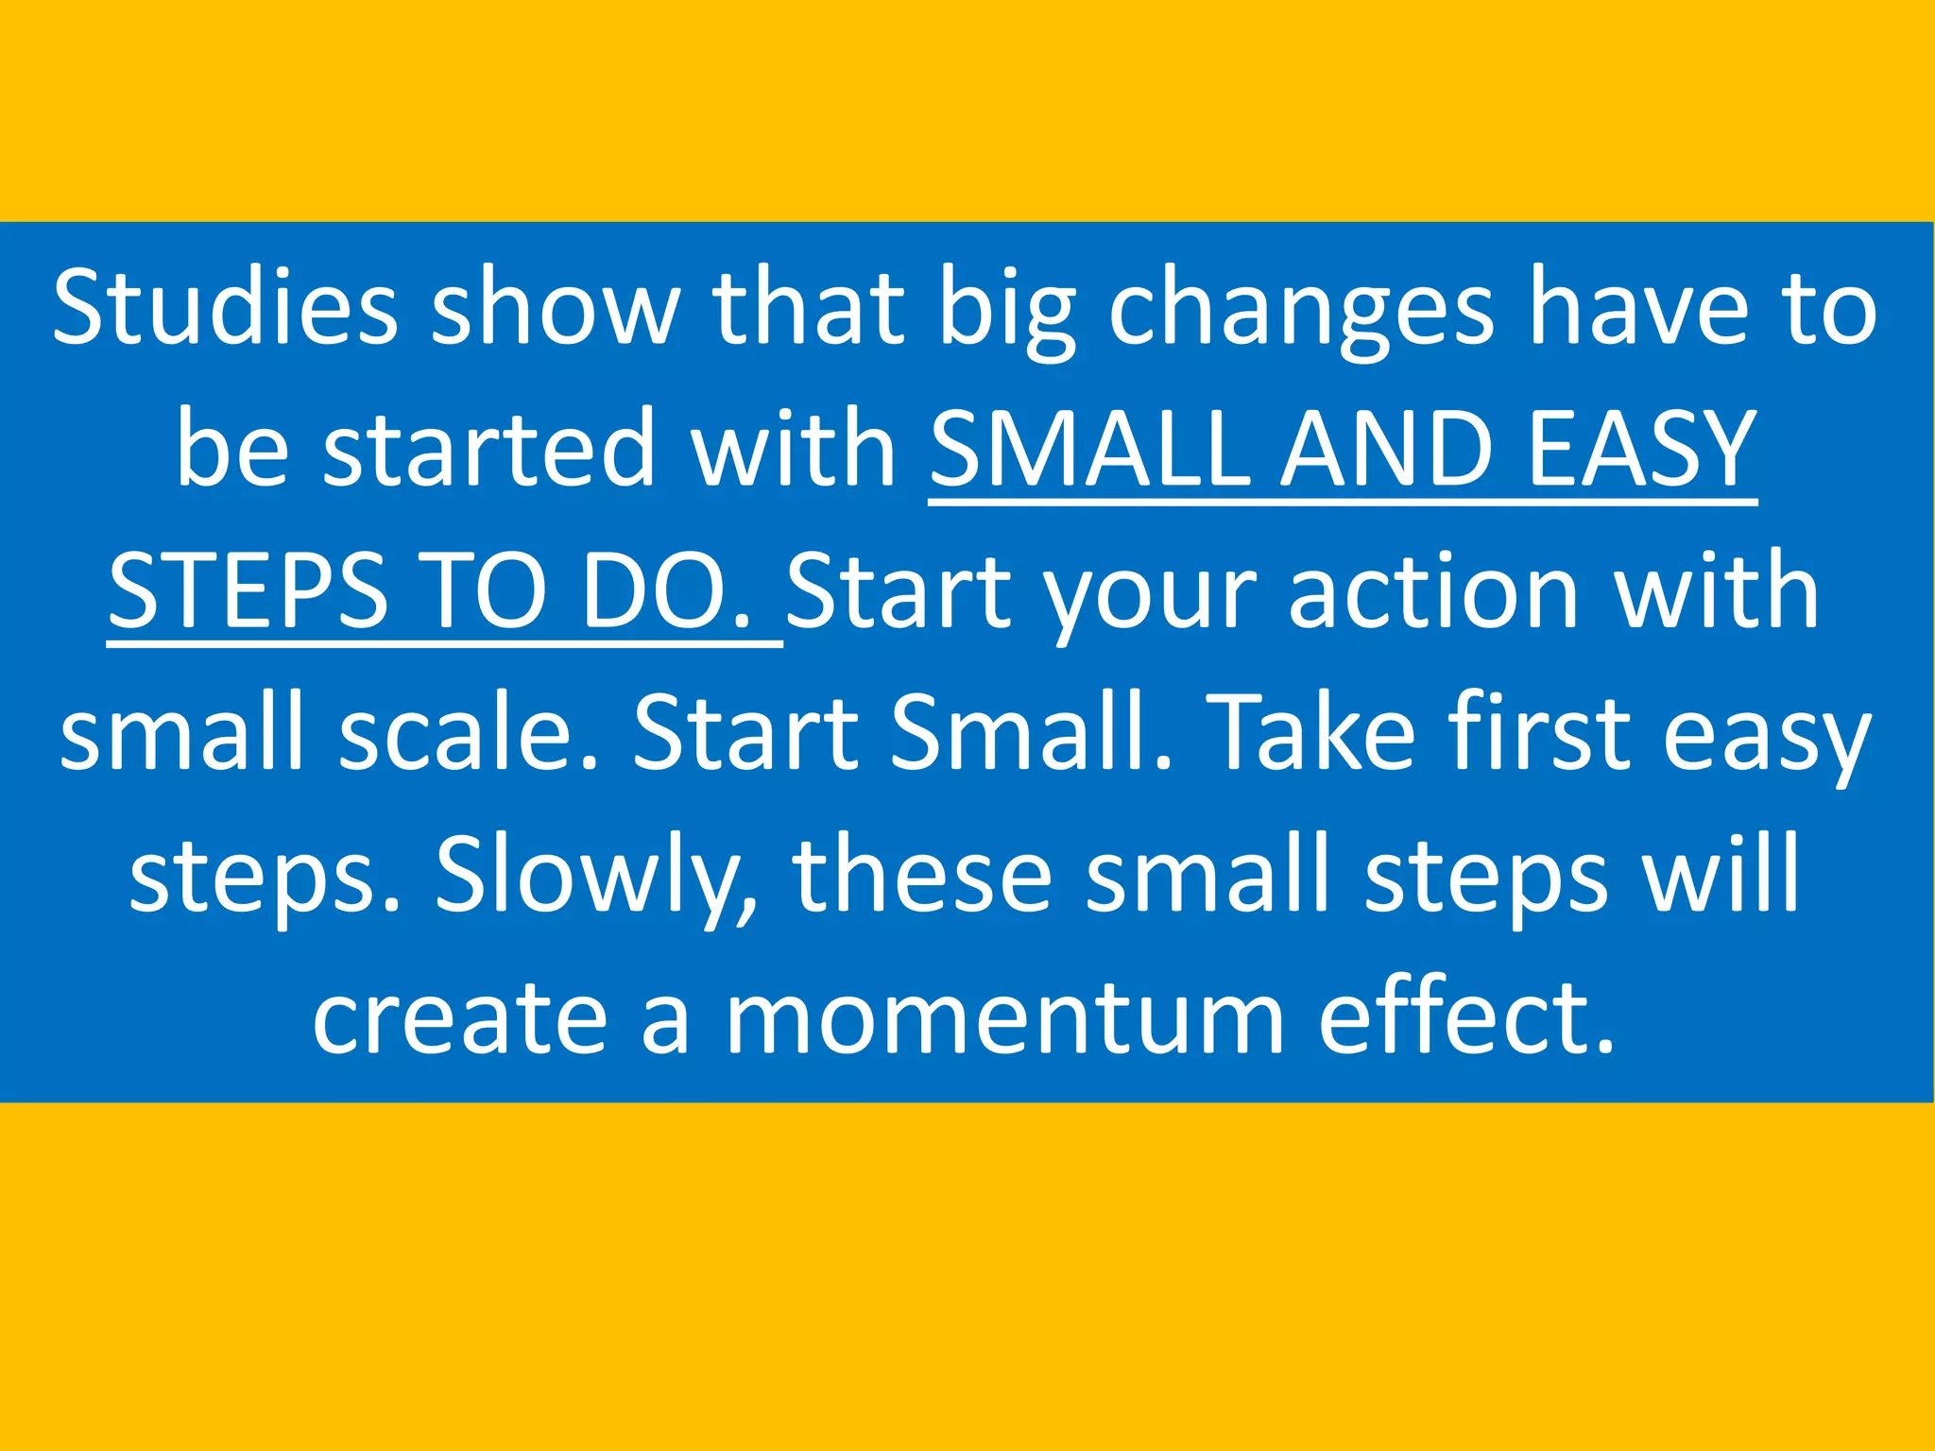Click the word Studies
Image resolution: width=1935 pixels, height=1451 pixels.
click(x=225, y=307)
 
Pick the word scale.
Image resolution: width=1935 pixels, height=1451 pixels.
click(x=468, y=733)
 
